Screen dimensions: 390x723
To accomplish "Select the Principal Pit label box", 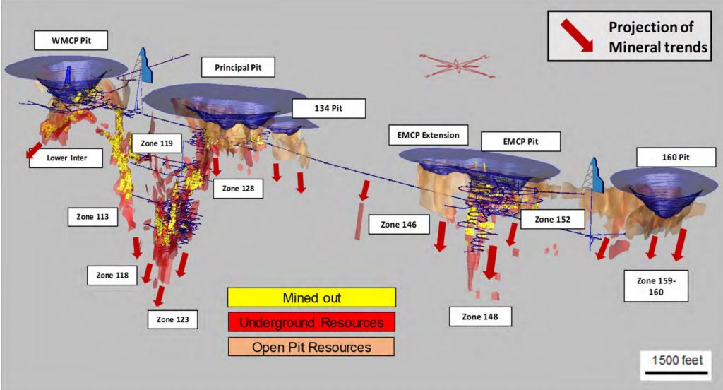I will click(x=238, y=67).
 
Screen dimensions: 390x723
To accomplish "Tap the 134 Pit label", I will click(x=330, y=108).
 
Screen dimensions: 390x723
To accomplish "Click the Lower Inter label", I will click(x=66, y=158).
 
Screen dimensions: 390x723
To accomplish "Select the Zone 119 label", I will click(x=157, y=143).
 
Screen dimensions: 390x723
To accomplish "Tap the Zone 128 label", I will click(x=237, y=189).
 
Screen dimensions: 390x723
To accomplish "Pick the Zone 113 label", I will click(x=92, y=216).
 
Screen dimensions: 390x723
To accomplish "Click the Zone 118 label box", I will click(x=112, y=275).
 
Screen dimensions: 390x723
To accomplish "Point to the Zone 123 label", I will click(x=173, y=319).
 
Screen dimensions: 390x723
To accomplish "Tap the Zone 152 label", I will click(x=554, y=219).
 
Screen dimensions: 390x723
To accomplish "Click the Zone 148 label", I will click(x=479, y=316).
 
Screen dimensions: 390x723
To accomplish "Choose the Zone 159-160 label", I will click(x=656, y=285).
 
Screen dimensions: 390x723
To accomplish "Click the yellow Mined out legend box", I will click(x=311, y=297).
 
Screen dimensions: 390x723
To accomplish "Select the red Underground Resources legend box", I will click(x=311, y=322).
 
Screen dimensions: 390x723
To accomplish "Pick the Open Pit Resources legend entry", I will click(x=311, y=347).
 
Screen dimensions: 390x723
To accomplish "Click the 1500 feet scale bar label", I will click(x=677, y=360).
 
